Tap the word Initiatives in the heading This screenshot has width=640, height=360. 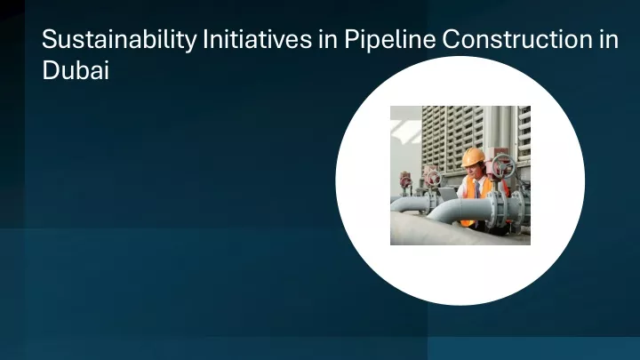pos(257,40)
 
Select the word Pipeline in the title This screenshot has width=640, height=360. pos(390,41)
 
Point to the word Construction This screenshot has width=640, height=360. pos(516,40)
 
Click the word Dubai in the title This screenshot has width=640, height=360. pos(76,70)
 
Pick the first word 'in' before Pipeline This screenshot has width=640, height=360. pos(328,40)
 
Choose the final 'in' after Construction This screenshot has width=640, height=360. pos(609,40)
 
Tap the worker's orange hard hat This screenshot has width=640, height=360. pos(473,156)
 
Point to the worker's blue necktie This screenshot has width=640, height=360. pos(476,190)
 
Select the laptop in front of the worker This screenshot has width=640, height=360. pos(449,194)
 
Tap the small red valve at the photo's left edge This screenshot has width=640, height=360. pos(405,180)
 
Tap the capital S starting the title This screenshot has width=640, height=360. pos(50,40)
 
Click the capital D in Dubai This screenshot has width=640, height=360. pos(51,70)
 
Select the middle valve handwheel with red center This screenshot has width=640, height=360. pos(434,177)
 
